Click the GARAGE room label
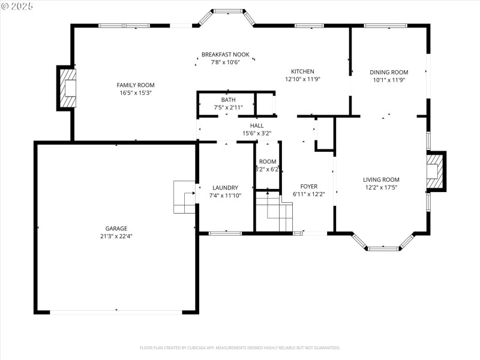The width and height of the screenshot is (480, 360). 116,229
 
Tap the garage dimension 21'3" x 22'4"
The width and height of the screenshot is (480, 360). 116,236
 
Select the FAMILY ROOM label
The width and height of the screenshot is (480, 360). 136,85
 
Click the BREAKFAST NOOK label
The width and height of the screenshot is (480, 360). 225,55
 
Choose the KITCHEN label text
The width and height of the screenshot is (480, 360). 302,71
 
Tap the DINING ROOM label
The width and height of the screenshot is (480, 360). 389,72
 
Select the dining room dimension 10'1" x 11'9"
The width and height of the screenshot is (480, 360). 389,80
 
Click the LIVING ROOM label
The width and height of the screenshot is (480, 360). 381,179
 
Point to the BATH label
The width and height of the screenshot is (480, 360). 228,100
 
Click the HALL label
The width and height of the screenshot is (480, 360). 257,125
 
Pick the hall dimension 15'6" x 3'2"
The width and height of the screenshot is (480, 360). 257,133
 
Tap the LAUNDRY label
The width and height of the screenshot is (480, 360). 225,187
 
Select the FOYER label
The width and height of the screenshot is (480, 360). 309,186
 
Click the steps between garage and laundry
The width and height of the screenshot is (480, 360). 184,197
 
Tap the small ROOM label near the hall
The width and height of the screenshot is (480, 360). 268,161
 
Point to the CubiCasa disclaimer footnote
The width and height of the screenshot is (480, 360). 240,347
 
